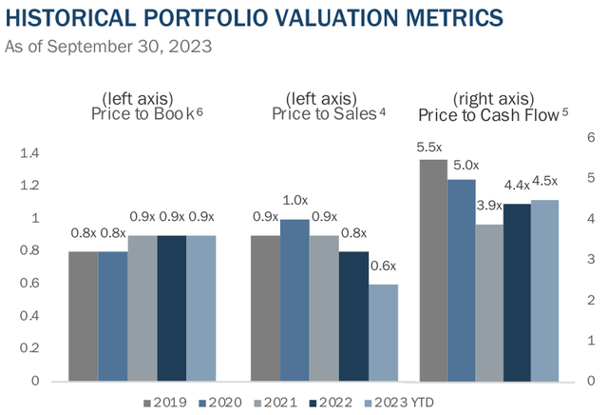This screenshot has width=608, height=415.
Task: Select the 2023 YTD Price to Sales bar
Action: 384,332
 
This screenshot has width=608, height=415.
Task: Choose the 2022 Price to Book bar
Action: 172,308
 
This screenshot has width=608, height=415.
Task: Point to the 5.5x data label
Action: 432,148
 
